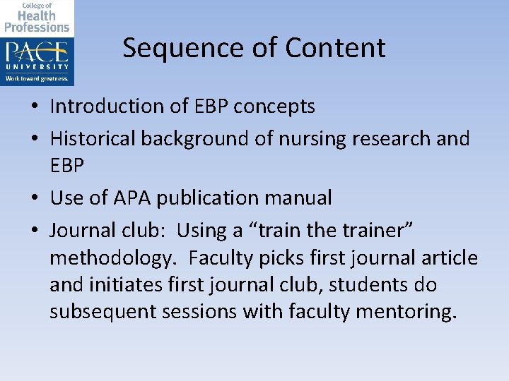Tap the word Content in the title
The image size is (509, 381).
[336, 48]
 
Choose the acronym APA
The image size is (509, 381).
[129, 198]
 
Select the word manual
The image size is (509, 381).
[300, 198]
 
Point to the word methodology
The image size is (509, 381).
[111, 258]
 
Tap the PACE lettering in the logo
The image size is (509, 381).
[37, 54]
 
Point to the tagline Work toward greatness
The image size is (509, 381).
[37, 78]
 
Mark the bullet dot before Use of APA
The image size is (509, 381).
[34, 199]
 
